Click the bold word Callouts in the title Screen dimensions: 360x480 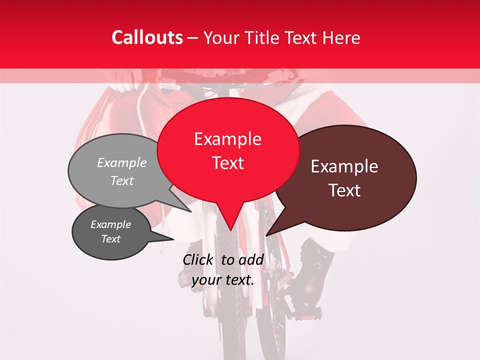click(x=147, y=37)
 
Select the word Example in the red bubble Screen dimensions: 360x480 click(x=227, y=139)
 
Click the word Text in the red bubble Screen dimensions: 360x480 click(x=227, y=163)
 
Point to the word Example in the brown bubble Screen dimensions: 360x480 click(x=344, y=166)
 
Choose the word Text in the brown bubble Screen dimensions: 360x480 click(x=345, y=190)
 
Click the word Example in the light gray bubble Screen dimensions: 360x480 click(x=122, y=163)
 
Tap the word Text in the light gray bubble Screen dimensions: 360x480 click(x=122, y=181)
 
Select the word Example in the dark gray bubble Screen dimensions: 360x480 click(x=110, y=224)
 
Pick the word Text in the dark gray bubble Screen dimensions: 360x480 click(x=110, y=239)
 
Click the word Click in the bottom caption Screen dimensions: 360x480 click(x=198, y=259)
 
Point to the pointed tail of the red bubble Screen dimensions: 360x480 click(x=230, y=227)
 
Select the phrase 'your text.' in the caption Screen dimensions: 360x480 click(x=223, y=280)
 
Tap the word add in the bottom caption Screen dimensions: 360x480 click(x=251, y=259)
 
